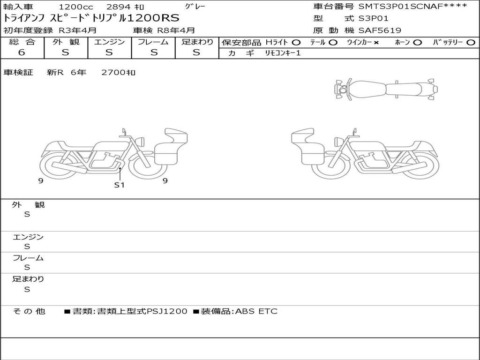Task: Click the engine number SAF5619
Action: pyautogui.click(x=380, y=30)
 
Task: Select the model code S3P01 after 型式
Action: pyautogui.click(x=373, y=18)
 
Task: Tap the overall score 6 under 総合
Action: pyautogui.click(x=22, y=52)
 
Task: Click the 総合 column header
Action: pyautogui.click(x=22, y=42)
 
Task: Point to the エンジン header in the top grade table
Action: pyautogui.click(x=109, y=42)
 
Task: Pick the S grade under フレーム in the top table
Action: pyautogui.click(x=154, y=52)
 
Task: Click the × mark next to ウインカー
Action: pyautogui.click(x=376, y=43)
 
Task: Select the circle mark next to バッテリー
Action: pyautogui.click(x=471, y=43)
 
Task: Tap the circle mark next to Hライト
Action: pyautogui.click(x=296, y=43)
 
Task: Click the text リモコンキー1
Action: pyautogui.click(x=283, y=53)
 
